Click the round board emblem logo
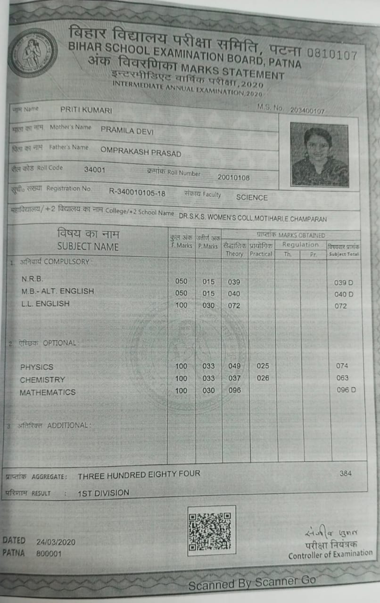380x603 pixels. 32,52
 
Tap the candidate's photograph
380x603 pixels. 319,155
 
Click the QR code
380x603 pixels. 211,531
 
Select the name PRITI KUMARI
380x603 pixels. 86,110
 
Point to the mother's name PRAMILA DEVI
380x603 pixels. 127,131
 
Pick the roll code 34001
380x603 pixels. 94,170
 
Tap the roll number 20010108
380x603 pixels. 233,178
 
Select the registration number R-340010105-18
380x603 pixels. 137,192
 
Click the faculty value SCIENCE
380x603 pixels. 252,197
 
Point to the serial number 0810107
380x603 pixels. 332,54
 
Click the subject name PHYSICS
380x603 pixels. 37,367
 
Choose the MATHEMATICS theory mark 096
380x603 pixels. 234,391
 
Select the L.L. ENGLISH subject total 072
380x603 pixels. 340,306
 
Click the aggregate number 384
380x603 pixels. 346,473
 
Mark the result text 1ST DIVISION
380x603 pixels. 103,493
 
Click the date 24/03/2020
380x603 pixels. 56,542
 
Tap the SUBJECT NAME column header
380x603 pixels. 88,246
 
